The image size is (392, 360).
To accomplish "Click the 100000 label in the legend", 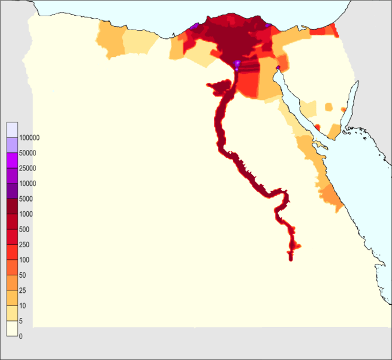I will tap(29, 137).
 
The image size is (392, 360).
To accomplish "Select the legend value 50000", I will tap(28, 153).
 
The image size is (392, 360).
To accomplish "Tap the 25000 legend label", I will tap(28, 168).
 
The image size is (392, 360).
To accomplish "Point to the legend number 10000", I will tap(28, 184).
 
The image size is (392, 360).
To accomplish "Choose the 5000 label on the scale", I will tap(26, 199).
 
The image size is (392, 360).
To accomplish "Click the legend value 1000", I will tap(26, 214).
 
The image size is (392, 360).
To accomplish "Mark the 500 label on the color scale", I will tap(25, 229).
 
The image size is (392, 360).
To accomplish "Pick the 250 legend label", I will tap(25, 245).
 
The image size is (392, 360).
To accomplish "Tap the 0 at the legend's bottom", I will tap(21, 336).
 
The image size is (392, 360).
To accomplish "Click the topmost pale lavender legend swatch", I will tap(12, 130).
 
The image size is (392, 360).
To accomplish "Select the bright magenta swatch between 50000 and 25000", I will tap(12, 160).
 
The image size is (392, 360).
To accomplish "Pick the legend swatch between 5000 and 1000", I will tap(12, 206).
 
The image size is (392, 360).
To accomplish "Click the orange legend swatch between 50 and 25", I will tap(12, 283).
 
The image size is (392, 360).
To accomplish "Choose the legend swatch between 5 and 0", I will tap(12, 329).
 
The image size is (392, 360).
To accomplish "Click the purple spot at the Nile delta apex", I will tap(237, 64).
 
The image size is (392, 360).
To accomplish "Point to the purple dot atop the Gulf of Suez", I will tap(277, 67).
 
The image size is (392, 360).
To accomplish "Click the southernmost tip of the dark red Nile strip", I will tap(291, 259).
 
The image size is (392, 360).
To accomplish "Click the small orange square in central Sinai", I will tap(328, 107).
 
